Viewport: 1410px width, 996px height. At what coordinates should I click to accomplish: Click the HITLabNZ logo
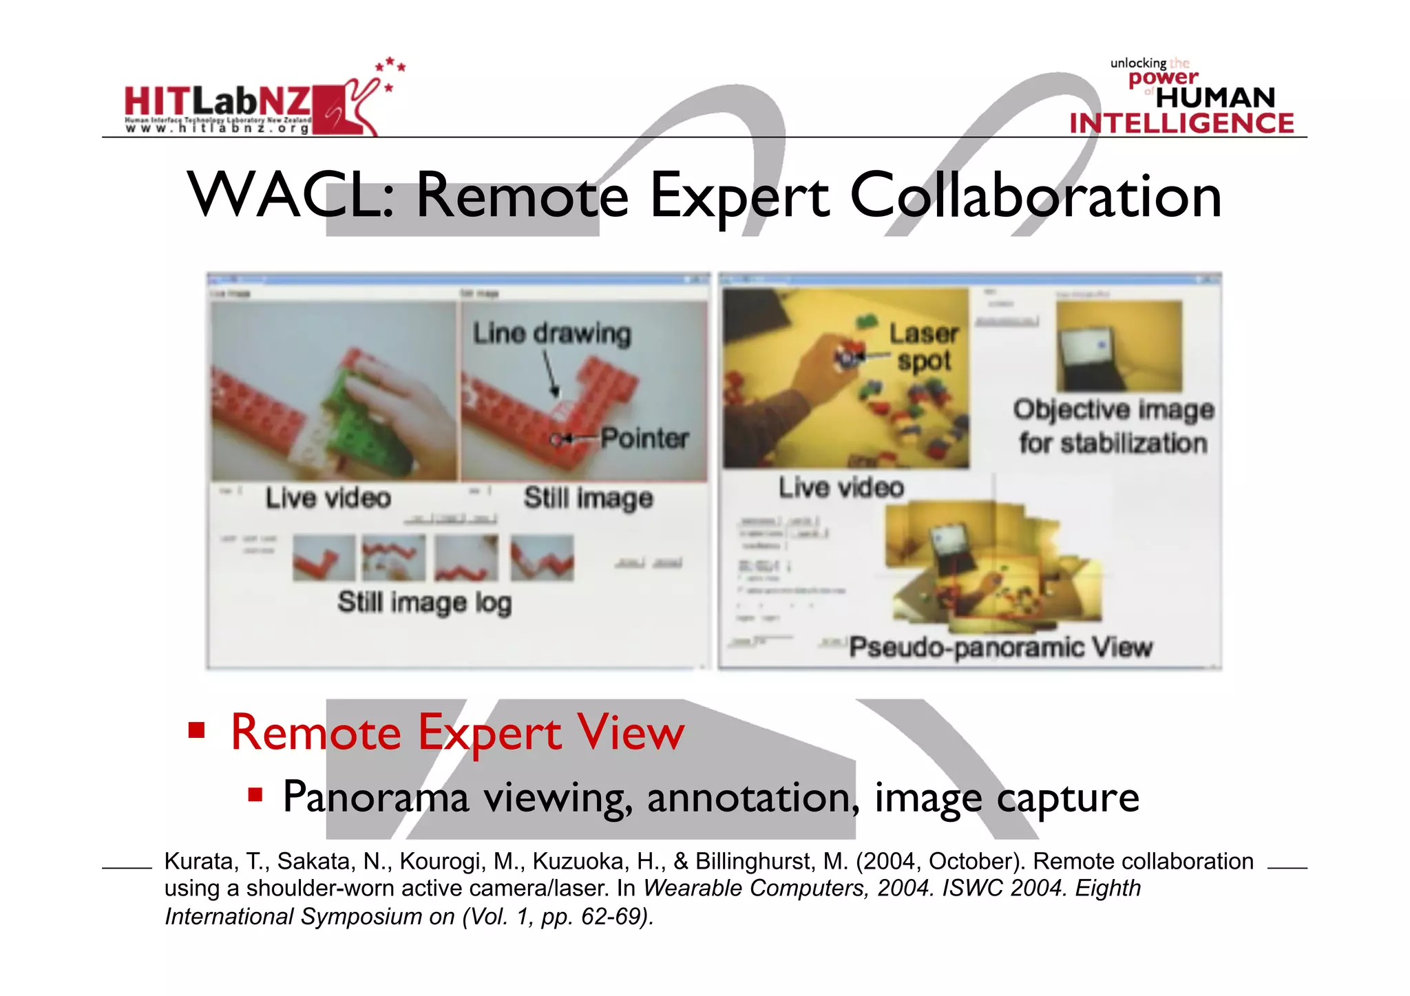(x=252, y=103)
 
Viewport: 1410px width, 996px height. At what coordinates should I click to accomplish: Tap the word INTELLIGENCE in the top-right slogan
(x=1181, y=124)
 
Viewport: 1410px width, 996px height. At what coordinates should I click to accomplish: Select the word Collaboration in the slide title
(x=1035, y=197)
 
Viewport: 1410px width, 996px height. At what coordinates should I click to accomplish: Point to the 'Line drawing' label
(x=551, y=334)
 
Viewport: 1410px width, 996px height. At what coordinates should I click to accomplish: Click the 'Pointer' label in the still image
(x=644, y=438)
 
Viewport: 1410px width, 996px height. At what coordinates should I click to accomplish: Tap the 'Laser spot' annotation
(x=923, y=348)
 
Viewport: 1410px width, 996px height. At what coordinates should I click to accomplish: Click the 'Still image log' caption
(x=424, y=603)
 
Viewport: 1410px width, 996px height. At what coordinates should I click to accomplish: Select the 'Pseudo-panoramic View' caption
(x=1000, y=648)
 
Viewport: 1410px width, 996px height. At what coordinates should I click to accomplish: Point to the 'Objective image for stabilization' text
(x=1113, y=427)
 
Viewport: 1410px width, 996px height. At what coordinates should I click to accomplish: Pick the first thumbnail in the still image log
(x=324, y=558)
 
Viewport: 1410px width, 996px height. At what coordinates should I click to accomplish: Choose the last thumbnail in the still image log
(x=542, y=558)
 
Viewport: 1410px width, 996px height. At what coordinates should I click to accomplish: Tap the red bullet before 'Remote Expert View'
(x=197, y=730)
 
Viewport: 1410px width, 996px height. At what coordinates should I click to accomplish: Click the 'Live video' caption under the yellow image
(x=841, y=488)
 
